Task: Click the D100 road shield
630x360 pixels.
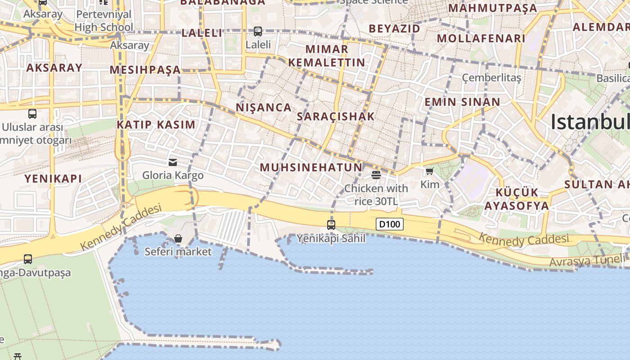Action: click(x=390, y=224)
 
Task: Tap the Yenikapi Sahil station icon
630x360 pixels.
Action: click(x=331, y=225)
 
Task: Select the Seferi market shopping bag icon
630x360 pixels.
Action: click(x=178, y=238)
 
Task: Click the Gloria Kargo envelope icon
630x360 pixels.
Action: click(x=173, y=162)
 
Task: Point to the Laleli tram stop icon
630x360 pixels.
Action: click(x=258, y=31)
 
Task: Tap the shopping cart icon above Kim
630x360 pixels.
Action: click(x=430, y=171)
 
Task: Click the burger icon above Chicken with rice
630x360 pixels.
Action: click(x=376, y=175)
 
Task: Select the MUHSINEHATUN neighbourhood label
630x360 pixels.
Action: click(x=311, y=167)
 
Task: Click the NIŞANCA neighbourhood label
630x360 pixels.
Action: click(x=264, y=108)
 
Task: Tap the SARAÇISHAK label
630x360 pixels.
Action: click(x=336, y=117)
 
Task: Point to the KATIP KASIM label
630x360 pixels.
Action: click(x=156, y=125)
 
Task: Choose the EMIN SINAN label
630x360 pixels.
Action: click(x=462, y=102)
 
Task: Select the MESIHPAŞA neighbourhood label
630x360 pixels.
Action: click(x=145, y=70)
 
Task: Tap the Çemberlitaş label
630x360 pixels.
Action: click(x=491, y=78)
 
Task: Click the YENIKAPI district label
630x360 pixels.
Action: click(x=53, y=179)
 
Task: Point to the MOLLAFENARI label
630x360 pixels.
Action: click(x=481, y=38)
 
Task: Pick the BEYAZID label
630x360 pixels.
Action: click(x=394, y=28)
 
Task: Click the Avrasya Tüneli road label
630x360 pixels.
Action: click(x=587, y=260)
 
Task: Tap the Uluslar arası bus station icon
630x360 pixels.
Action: click(x=32, y=114)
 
